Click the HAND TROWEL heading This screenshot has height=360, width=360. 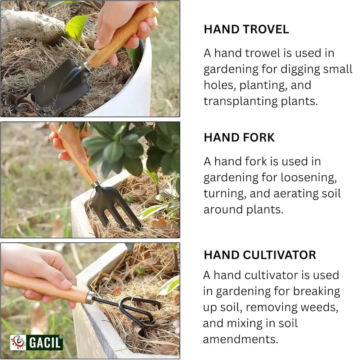pos(246,29)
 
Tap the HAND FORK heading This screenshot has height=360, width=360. pos(239,137)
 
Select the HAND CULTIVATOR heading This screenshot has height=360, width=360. pos(260,255)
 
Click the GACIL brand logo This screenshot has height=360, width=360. pos(36,342)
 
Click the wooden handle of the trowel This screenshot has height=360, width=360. pos(122,36)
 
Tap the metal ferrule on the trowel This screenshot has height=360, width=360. pos(87,66)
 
